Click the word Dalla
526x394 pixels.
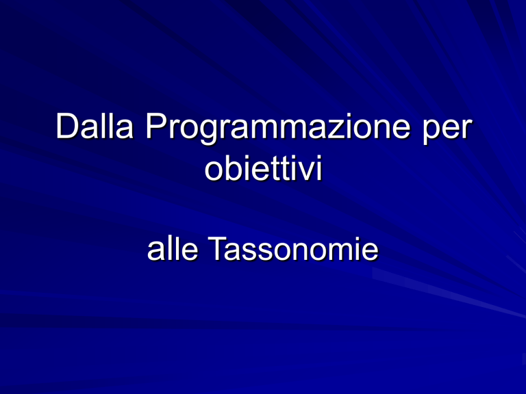pyautogui.click(x=95, y=126)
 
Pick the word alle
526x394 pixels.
pyautogui.click(x=173, y=248)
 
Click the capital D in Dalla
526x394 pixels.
pyautogui.click(x=67, y=126)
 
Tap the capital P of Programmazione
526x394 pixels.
pyautogui.click(x=157, y=126)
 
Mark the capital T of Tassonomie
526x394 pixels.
pyautogui.click(x=218, y=248)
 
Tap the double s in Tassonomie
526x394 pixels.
pyautogui.click(x=264, y=252)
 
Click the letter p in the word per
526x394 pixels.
pyautogui.click(x=431, y=132)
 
